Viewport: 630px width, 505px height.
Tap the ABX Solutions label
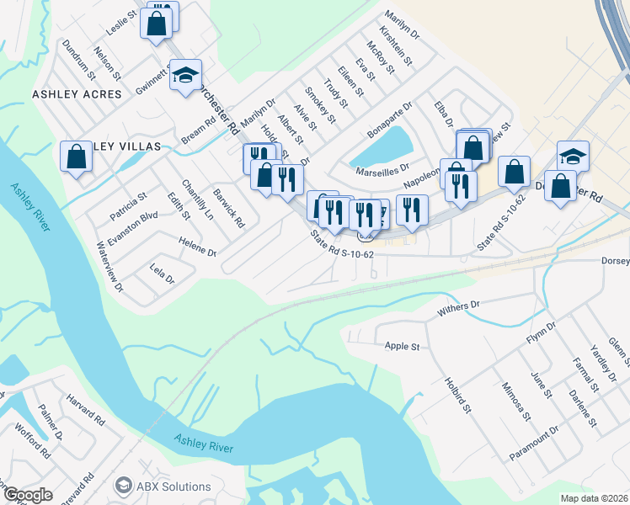pos(174,486)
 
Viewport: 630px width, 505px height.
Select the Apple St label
pos(402,346)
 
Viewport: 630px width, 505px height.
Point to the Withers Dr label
pos(458,310)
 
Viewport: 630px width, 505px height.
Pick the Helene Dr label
pos(198,247)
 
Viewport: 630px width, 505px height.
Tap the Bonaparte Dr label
pos(389,120)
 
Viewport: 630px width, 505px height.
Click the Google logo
pos(27,495)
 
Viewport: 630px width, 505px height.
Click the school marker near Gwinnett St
pos(185,75)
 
